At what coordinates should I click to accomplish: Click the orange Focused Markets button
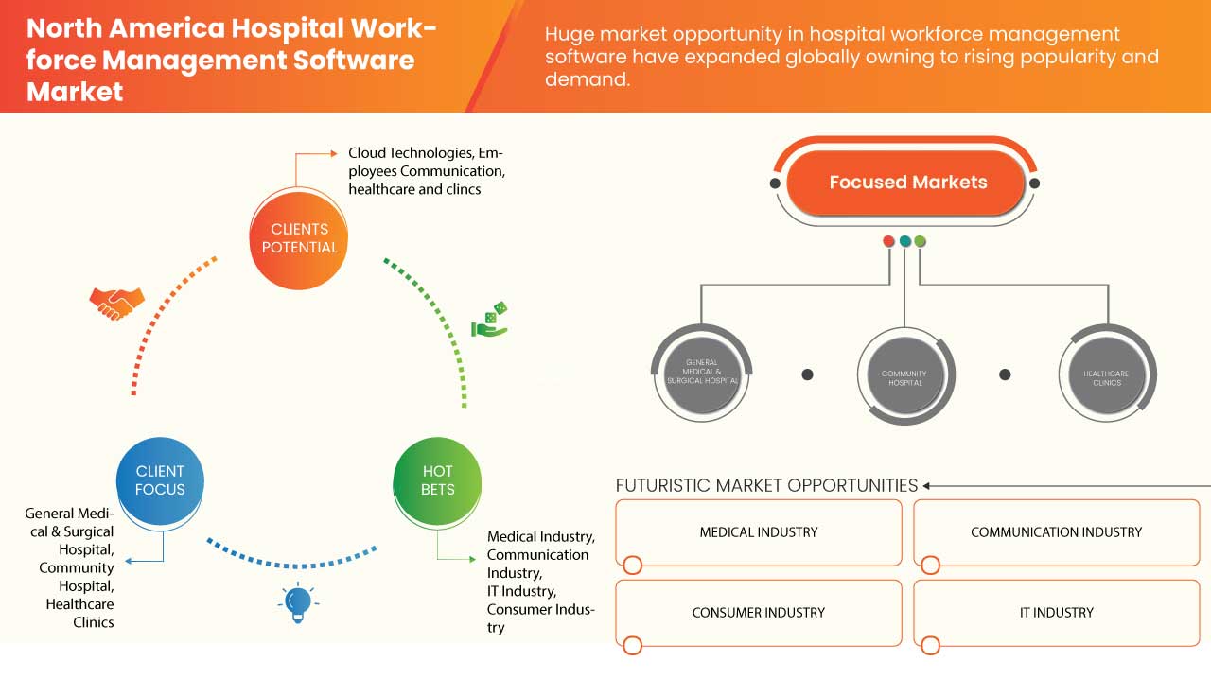click(907, 183)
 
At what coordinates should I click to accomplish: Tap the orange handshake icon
click(116, 303)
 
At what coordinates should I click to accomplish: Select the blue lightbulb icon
click(298, 602)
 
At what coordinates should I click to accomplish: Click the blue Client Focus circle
click(160, 480)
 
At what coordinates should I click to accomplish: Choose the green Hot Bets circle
click(437, 480)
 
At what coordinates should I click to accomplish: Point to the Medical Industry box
click(758, 532)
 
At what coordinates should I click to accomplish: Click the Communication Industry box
click(1056, 532)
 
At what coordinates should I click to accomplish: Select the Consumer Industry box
click(758, 613)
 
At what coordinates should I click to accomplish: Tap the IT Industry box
click(1056, 613)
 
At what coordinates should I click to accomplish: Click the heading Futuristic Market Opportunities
click(766, 485)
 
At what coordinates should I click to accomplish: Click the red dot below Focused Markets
click(888, 241)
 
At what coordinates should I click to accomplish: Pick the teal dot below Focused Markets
click(904, 241)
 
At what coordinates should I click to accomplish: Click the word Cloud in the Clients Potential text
click(367, 152)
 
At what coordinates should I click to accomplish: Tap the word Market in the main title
click(75, 92)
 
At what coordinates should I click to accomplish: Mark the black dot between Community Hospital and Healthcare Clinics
click(1005, 374)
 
